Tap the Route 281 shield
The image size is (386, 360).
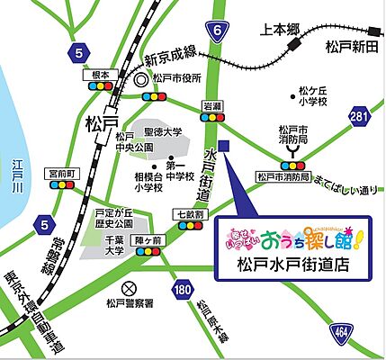pyautogui.click(x=360, y=116)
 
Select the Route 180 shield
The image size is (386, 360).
pyautogui.click(x=184, y=289)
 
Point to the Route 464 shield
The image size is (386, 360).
pyautogui.click(x=366, y=332)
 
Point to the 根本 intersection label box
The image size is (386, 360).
pyautogui.click(x=97, y=76)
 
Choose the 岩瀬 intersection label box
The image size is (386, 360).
pyautogui.click(x=212, y=105)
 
